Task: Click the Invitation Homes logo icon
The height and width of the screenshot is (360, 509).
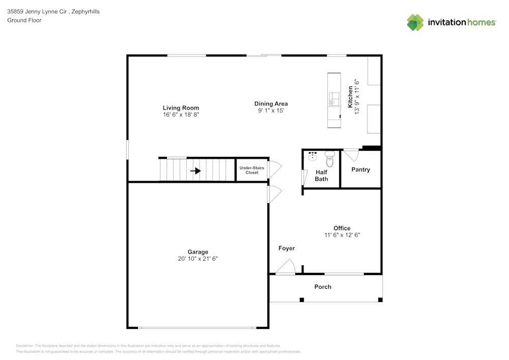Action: click(415, 22)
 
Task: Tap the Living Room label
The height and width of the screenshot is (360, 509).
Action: click(181, 108)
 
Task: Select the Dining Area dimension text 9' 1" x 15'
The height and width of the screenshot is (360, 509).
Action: click(271, 110)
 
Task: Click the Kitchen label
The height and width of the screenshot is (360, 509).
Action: click(350, 97)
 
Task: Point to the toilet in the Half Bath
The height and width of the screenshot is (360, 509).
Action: click(329, 160)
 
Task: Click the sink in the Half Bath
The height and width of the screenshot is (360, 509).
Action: click(312, 155)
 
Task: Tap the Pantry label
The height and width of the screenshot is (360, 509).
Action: click(360, 170)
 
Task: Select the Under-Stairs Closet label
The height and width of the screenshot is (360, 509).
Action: click(252, 170)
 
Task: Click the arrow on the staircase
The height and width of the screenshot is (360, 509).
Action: click(195, 171)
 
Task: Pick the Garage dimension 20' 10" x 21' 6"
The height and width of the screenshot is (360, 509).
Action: click(198, 259)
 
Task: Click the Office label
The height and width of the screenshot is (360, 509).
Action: click(342, 228)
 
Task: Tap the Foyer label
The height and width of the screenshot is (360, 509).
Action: click(287, 248)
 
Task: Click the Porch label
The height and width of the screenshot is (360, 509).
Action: click(323, 287)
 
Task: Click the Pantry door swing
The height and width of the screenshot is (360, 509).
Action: click(351, 154)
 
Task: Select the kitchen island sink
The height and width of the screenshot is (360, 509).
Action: click(333, 98)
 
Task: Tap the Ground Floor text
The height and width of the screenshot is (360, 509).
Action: click(24, 20)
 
